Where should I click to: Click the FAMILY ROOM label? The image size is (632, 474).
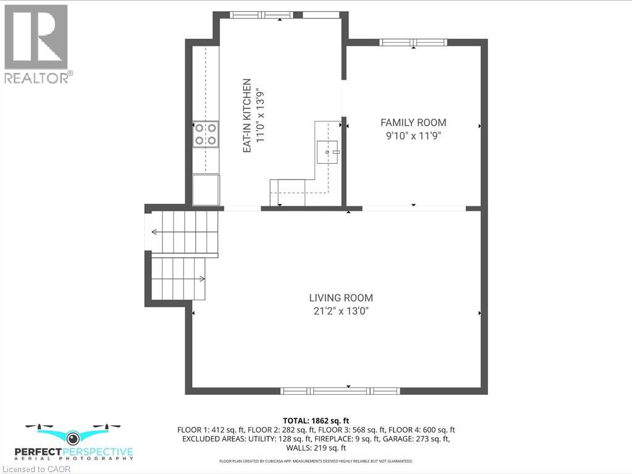[413, 122]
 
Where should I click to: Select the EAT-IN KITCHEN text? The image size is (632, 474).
[246, 116]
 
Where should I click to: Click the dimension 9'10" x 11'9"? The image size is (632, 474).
[413, 135]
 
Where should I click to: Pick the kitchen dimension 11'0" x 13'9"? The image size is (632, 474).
[261, 116]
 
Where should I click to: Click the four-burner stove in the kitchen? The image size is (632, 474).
[206, 134]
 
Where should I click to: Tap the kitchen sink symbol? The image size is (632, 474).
[327, 151]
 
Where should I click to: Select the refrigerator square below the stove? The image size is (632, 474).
[206, 190]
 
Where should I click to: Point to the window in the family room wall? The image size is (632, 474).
[413, 43]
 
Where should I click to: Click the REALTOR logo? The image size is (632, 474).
[36, 43]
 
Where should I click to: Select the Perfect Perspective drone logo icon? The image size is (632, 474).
[73, 437]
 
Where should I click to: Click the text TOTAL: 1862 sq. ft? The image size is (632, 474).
[316, 421]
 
